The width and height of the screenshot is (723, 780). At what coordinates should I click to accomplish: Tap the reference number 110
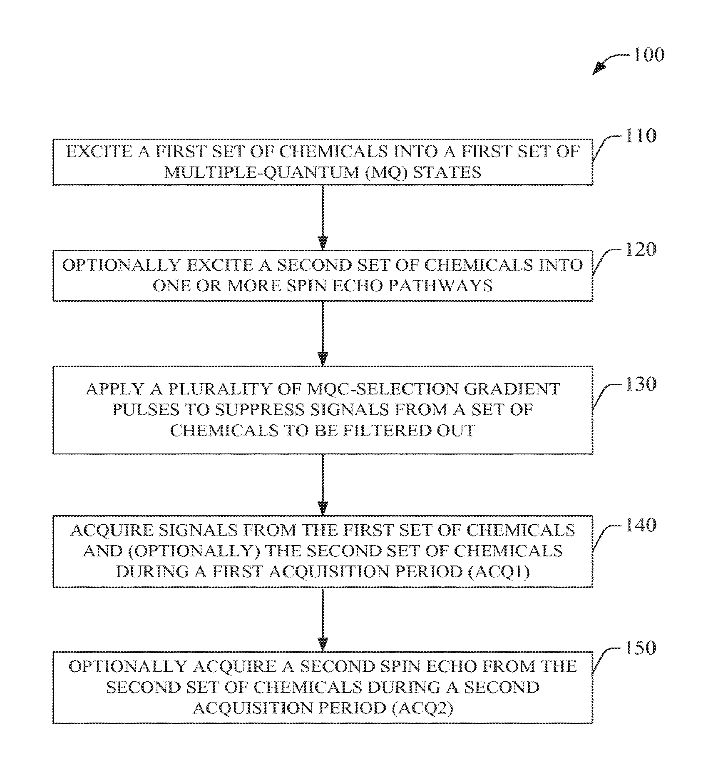641,136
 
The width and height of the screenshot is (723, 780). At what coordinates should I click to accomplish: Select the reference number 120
641,249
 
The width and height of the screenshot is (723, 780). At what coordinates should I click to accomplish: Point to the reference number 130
641,384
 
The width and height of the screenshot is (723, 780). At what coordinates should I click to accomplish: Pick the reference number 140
641,525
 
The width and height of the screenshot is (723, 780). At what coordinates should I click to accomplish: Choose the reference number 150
641,648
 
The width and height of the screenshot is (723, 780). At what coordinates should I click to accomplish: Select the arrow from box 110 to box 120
323,217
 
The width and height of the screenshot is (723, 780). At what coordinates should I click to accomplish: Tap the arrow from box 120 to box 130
323,334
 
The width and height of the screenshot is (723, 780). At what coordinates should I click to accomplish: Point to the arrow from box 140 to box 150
323,620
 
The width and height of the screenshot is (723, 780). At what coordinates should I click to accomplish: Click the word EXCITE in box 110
99,152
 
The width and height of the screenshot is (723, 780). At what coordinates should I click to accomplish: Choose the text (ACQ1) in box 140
499,572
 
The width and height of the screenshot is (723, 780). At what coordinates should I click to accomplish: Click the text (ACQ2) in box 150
422,708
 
